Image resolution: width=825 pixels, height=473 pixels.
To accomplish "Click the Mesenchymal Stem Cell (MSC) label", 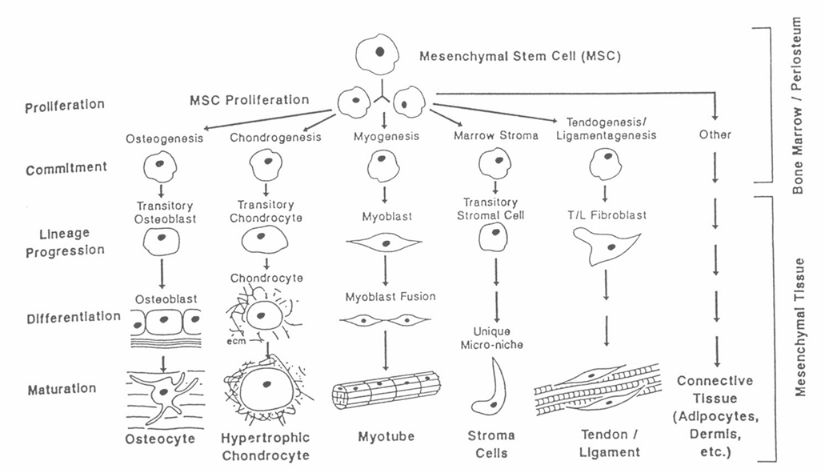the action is coord(520,56).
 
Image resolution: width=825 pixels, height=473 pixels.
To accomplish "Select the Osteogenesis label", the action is coord(164,139).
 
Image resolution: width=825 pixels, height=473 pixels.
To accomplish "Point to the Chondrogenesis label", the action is coord(275,138).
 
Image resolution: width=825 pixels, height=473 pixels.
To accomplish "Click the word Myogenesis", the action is coord(386,137).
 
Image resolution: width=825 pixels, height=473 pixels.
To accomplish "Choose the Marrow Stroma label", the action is coord(495,136).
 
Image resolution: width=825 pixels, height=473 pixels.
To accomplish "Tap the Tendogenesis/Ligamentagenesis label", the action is coord(606,129).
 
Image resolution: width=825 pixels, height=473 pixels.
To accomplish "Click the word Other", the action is coord(715,134).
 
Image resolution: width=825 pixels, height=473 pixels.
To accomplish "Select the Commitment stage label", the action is coord(66,168).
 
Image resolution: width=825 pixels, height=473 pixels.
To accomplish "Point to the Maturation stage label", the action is coord(62,389).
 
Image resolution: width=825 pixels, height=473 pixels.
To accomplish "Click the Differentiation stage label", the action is coord(74,317).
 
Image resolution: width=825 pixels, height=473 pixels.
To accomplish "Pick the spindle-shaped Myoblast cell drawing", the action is coord(385,243).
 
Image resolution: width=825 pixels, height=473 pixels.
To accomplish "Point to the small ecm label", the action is coord(236,342).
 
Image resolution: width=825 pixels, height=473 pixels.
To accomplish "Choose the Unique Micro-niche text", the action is coord(491,339).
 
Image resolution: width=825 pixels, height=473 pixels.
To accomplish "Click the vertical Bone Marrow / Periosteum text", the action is coord(798,105).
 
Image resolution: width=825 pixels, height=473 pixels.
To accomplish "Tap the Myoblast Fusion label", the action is coord(390,297).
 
